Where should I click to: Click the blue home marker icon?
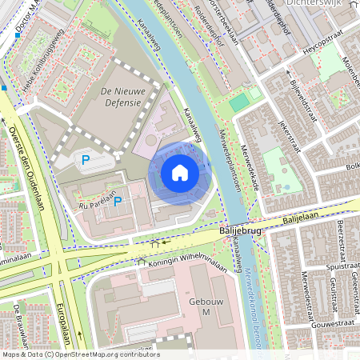pyautogui.click(x=180, y=173)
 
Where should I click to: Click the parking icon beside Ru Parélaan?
pyautogui.click(x=118, y=202)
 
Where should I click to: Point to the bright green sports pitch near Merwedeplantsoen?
pyautogui.click(x=238, y=102)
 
